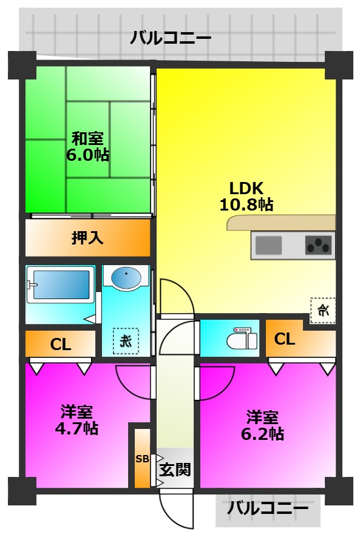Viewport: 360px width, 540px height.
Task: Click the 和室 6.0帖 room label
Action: (87, 146)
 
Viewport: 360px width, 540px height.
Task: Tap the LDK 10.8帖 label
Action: (245, 195)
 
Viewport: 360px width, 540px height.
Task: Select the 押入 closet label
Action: (87, 237)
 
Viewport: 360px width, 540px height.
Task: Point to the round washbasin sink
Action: (126, 277)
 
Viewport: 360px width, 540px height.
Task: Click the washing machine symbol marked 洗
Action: (125, 340)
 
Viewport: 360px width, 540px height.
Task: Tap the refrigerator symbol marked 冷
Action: (322, 311)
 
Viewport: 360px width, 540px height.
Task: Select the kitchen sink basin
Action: (268, 245)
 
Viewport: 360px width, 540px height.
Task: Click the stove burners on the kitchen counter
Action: (319, 246)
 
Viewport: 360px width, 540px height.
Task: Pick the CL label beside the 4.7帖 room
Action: (61, 345)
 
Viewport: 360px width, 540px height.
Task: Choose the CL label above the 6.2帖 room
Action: (285, 339)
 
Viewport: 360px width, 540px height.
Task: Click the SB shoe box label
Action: (141, 459)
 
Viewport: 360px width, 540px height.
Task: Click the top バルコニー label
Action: (171, 39)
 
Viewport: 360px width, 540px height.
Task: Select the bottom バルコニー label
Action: (268, 508)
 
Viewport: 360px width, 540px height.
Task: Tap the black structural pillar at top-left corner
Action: (21, 64)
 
